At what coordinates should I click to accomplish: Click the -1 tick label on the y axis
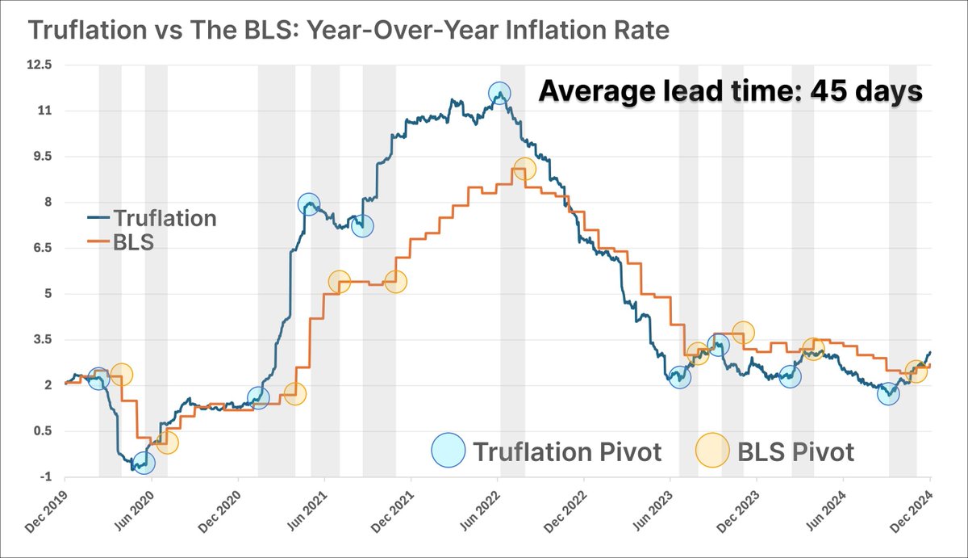(x=45, y=476)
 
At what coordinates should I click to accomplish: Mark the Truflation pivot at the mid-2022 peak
(x=500, y=94)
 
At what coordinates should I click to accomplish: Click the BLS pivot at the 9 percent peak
(x=524, y=169)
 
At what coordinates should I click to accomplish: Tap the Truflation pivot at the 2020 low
(x=143, y=463)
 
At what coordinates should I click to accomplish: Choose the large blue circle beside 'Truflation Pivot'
(x=449, y=451)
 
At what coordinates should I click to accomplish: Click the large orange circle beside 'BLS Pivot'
(x=712, y=451)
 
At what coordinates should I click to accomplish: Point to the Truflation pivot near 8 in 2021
(x=308, y=204)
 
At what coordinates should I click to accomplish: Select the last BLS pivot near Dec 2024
(x=916, y=371)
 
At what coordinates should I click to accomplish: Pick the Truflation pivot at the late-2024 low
(x=888, y=394)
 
